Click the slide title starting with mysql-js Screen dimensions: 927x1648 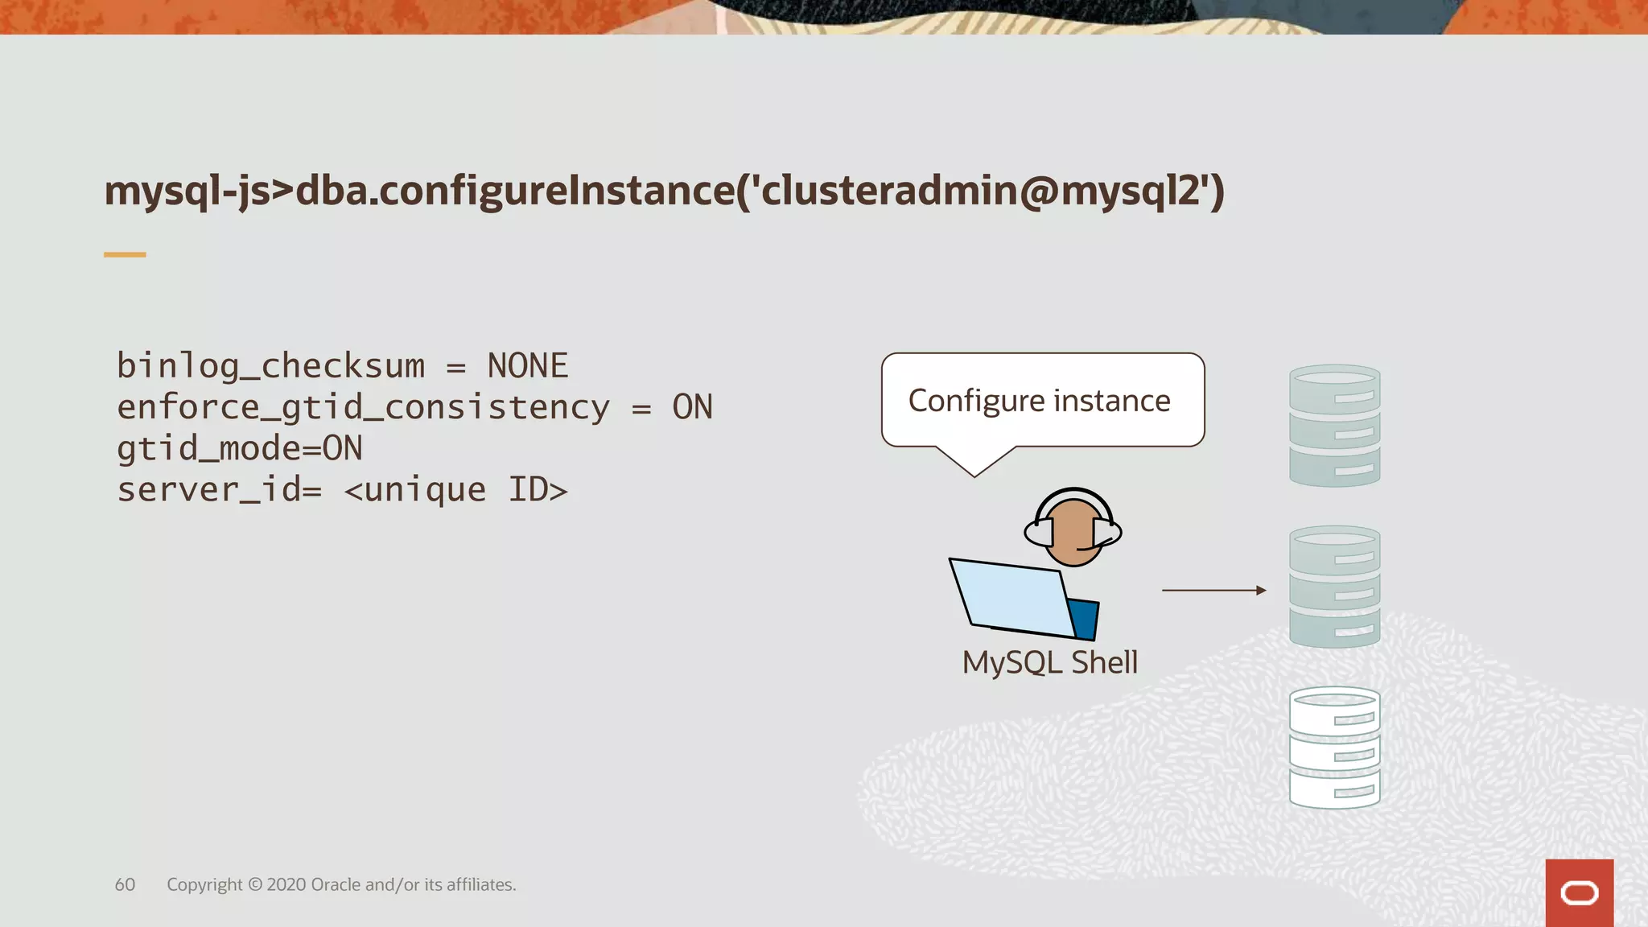[664, 192]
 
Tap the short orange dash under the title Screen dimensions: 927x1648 [125, 254]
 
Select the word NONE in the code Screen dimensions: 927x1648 [528, 366]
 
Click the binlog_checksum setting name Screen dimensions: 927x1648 [270, 366]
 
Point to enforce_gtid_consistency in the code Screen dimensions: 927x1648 [363, 407]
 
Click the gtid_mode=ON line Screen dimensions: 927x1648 [240, 448]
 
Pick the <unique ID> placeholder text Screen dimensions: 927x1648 [456, 490]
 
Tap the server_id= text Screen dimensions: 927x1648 [219, 490]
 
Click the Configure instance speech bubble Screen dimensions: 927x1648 [1042, 401]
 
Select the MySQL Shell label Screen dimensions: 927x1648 [1049, 662]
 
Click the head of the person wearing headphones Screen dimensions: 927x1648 [1073, 530]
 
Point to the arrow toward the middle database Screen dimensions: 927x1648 [1213, 591]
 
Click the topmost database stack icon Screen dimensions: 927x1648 [1334, 425]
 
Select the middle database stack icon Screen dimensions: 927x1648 [1334, 586]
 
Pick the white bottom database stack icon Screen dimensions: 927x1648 [1334, 747]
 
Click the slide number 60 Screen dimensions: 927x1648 [125, 884]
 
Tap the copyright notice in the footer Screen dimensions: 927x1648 [341, 884]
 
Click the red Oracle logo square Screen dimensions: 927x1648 [1579, 892]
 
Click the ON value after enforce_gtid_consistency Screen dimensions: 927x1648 [692, 407]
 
